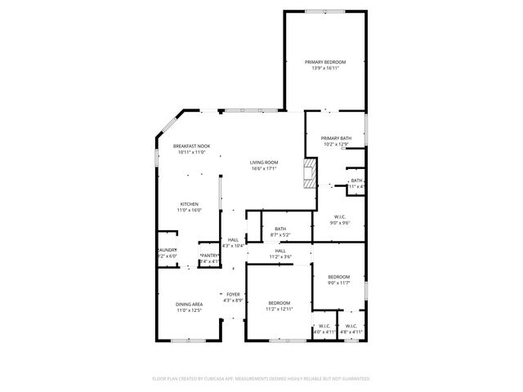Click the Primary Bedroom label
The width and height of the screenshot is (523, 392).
coord(325,62)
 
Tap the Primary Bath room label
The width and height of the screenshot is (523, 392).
coord(336,139)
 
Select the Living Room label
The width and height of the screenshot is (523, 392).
coord(264,163)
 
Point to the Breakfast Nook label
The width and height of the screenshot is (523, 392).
coord(191,146)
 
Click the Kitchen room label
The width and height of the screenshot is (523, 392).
coord(190,204)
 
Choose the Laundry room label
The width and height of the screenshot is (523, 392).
coord(167,251)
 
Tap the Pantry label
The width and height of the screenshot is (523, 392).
coord(209,256)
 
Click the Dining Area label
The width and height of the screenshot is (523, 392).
coord(189,305)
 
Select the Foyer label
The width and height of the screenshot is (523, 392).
coord(234,294)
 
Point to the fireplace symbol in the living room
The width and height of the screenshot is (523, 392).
coord(309,173)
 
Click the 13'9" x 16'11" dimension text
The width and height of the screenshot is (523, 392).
coord(325,69)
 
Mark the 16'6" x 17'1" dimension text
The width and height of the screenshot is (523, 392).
coord(264,169)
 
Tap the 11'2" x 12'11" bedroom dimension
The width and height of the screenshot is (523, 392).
coord(279,310)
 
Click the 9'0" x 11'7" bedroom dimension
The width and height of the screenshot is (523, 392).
coord(339,283)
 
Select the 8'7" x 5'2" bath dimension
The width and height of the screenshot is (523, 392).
coord(280,235)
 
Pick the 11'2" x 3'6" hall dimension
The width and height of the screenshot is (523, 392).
coord(280,257)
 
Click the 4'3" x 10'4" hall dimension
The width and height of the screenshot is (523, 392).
coord(234,246)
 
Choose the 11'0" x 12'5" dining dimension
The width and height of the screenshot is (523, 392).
coord(189,311)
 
